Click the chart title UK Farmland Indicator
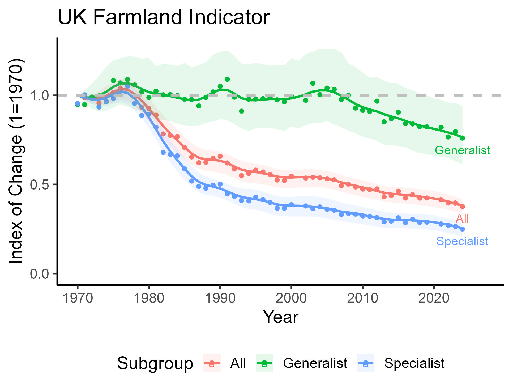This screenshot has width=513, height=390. (164, 18)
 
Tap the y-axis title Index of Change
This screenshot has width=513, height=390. (16, 161)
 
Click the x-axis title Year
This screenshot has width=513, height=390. (280, 317)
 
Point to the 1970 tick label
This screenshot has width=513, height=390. (78, 298)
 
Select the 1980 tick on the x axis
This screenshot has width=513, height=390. (149, 298)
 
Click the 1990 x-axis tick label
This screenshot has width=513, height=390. (220, 298)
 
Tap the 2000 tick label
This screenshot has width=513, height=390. (291, 298)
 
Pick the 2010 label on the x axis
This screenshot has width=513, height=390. (362, 298)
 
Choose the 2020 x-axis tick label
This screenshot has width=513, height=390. (434, 298)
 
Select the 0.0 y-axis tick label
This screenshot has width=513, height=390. (40, 274)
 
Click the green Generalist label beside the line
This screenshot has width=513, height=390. (462, 150)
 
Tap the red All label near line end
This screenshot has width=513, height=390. (462, 219)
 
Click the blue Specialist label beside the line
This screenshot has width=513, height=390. (462, 241)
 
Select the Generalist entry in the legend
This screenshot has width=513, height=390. (315, 363)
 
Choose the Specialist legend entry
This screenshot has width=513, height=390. (414, 363)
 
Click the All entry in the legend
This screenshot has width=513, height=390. (238, 363)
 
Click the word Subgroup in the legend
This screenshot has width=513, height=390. (155, 363)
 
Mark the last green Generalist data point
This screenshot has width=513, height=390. (462, 138)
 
